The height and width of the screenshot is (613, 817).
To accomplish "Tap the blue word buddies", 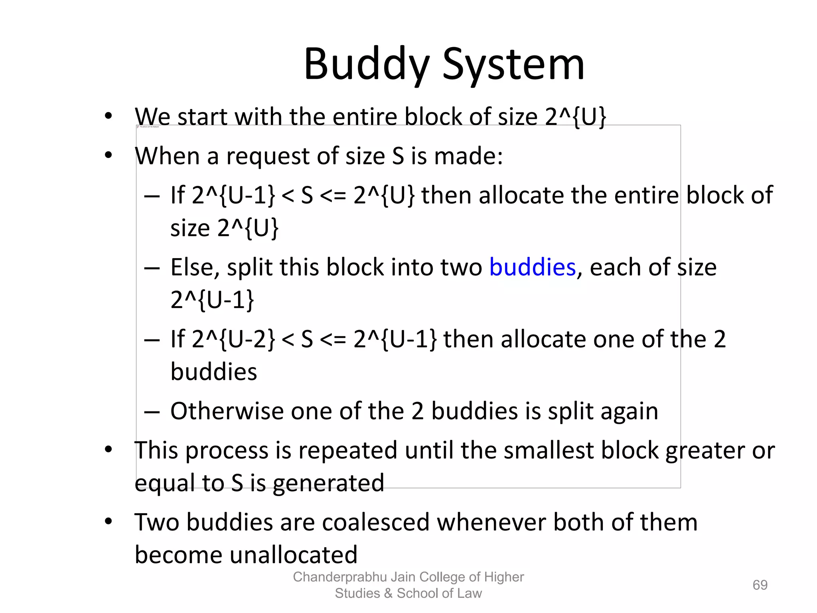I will [532, 267].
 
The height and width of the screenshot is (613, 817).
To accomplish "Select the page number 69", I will [760, 585].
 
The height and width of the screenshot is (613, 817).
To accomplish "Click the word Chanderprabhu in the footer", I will [340, 577].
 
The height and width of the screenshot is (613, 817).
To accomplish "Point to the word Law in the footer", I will [470, 593].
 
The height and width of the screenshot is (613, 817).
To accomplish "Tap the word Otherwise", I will [227, 411].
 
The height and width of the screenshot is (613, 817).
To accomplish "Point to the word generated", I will [328, 483].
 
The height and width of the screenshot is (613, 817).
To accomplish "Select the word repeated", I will [347, 450].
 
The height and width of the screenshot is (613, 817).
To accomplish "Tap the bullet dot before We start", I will [109, 116].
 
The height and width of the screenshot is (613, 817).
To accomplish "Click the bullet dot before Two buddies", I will [109, 522].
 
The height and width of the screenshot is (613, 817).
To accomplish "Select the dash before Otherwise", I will [152, 411].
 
